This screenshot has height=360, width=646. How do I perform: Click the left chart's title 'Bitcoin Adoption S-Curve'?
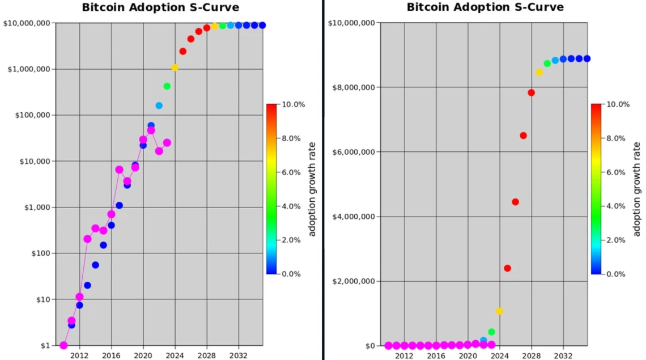(x=160, y=7)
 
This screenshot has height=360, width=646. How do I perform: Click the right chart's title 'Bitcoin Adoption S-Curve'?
(x=485, y=7)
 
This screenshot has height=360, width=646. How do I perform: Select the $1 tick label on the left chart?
(x=44, y=345)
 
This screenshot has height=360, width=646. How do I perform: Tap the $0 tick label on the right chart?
(x=369, y=345)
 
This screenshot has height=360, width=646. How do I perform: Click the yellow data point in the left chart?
(x=175, y=67)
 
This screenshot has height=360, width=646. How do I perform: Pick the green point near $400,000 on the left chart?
(x=167, y=86)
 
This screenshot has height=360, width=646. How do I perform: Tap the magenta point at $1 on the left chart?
(x=63, y=345)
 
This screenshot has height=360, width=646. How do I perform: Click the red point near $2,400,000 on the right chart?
(x=507, y=268)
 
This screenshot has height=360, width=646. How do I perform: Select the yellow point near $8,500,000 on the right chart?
(x=539, y=72)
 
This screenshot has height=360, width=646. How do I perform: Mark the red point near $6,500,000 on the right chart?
(x=523, y=135)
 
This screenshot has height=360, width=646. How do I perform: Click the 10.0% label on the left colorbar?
(x=294, y=104)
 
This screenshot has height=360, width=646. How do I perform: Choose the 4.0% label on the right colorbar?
(x=617, y=206)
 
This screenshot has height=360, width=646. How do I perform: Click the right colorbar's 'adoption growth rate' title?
(x=636, y=189)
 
